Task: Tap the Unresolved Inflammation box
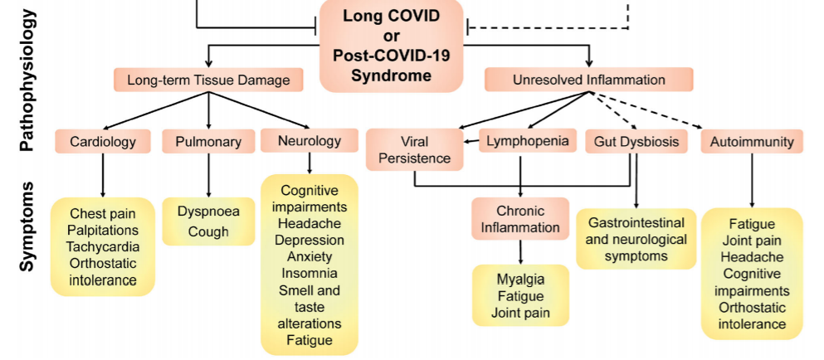[x=588, y=80]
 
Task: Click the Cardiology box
[x=103, y=141]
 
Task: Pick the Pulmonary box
[x=208, y=141]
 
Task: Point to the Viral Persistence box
[x=413, y=149]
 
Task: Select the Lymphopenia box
[x=527, y=141]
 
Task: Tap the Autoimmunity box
[x=752, y=141]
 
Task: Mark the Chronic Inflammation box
[x=520, y=219]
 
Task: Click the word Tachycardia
[x=103, y=246]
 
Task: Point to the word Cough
[x=208, y=231]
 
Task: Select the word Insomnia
[x=309, y=273]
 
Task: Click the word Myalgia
[x=520, y=279]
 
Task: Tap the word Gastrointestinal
[x=636, y=222]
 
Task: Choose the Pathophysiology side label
[x=27, y=80]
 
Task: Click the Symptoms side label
[x=27, y=226]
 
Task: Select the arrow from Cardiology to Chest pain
[x=103, y=174]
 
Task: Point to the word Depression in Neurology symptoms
[x=309, y=240]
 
